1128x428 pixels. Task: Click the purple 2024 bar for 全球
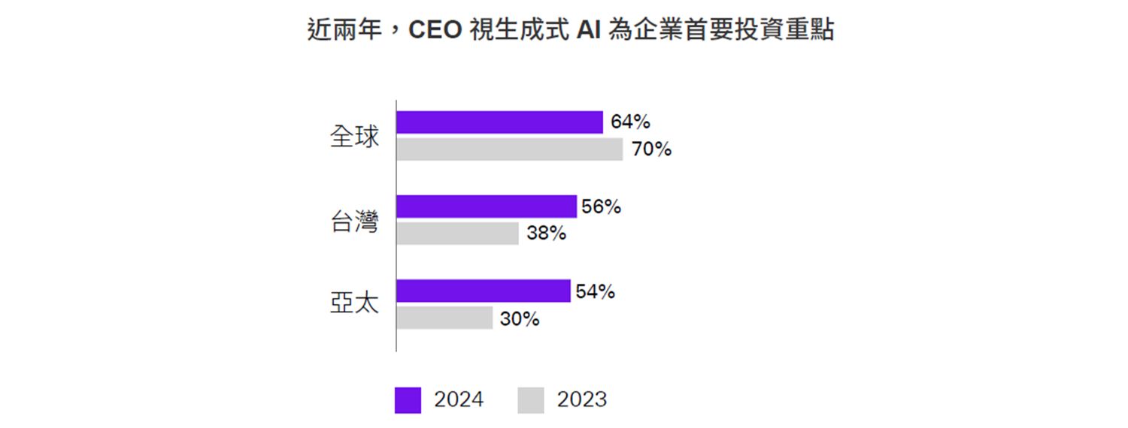[499, 122]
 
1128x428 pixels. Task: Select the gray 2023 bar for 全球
[509, 149]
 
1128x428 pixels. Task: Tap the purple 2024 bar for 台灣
[486, 206]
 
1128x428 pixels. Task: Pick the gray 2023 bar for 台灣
[457, 234]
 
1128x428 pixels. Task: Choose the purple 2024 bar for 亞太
[483, 291]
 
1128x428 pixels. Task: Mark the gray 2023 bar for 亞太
[444, 318]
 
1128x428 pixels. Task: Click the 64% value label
[630, 122]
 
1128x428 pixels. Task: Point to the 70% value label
[651, 149]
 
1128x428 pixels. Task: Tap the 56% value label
[601, 206]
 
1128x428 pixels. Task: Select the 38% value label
[546, 234]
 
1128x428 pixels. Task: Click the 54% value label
[595, 291]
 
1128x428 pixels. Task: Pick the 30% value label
[520, 318]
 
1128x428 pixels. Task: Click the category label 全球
[354, 137]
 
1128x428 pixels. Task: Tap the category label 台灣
[354, 222]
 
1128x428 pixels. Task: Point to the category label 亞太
[354, 305]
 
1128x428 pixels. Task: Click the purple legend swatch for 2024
[408, 400]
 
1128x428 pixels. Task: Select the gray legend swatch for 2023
[531, 400]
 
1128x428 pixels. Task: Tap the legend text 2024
[459, 400]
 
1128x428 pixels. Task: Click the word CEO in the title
[434, 31]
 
